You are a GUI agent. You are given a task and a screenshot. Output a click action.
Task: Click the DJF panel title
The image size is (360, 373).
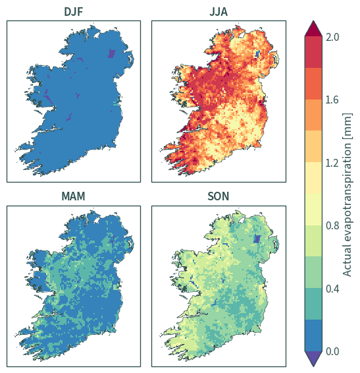[74, 12]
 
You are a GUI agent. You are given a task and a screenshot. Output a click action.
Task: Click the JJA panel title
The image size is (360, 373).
[219, 12]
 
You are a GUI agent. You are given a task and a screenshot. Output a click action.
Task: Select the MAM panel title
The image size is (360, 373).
[73, 196]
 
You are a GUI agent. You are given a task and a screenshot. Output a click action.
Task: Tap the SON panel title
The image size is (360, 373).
[219, 196]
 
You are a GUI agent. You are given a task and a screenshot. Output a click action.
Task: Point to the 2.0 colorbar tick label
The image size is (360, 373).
[332, 37]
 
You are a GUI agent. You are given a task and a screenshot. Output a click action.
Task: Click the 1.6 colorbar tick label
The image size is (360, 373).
[332, 100]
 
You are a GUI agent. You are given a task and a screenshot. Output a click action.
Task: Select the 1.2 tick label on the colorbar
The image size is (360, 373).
[332, 163]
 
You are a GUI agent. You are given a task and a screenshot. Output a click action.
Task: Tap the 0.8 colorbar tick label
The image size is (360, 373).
[332, 225]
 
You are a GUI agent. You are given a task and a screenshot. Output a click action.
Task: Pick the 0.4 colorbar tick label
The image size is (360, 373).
[332, 289]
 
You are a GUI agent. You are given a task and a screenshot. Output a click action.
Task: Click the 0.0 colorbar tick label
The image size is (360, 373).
[332, 351]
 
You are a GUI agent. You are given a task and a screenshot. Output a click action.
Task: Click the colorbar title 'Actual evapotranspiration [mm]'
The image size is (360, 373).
[347, 194]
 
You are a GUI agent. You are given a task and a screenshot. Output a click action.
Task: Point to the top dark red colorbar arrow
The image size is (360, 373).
[313, 29]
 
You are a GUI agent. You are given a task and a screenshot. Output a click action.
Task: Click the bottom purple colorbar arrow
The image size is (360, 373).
[313, 359]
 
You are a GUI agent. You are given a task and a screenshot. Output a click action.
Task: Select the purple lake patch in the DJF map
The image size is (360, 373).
[111, 53]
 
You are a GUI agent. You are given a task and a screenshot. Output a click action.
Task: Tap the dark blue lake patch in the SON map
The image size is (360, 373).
[257, 239]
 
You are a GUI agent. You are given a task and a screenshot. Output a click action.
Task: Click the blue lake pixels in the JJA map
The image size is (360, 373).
[257, 54]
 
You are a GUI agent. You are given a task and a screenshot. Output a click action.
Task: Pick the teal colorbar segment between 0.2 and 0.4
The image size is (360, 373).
[313, 304]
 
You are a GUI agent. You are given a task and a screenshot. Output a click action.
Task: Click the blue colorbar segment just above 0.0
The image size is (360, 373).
[313, 335]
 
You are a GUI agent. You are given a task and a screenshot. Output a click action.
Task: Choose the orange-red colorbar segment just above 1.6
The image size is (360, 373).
[313, 84]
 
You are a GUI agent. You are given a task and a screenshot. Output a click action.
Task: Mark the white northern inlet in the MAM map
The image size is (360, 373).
[96, 220]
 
